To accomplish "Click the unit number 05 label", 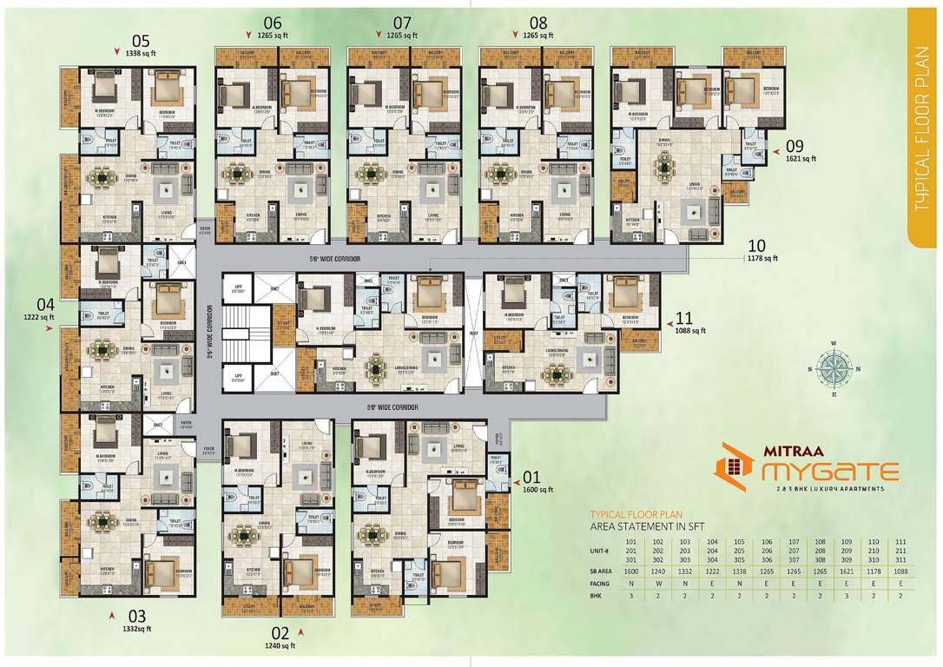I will [141, 40].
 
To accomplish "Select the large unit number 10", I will [755, 245].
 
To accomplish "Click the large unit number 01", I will [531, 477].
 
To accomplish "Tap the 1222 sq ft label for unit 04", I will [40, 318].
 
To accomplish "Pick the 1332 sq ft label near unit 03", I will [136, 628].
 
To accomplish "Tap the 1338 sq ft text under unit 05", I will [141, 52].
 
